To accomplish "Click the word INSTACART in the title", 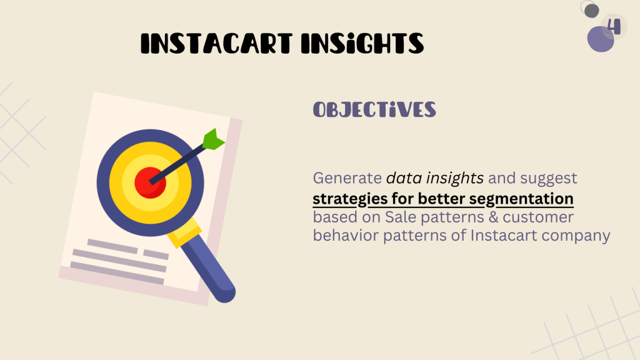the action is point(217,43).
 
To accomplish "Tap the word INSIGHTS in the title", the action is point(362,43).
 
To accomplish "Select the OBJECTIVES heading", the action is point(374,110).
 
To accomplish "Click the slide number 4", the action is point(614,26).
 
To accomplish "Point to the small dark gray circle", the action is point(591,11).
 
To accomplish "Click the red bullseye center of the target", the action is point(150,182).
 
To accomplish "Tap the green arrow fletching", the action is point(213,139).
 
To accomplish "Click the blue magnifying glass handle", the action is point(209,269).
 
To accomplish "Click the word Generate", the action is point(347,178).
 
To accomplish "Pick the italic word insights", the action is point(454,178).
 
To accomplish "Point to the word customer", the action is point(538,217).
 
